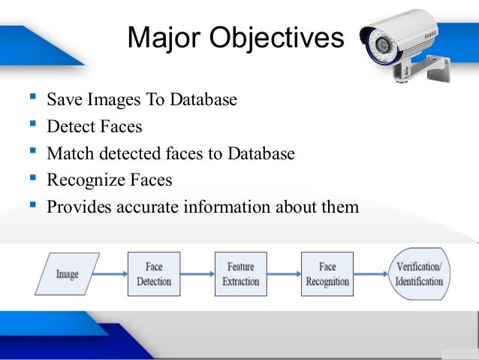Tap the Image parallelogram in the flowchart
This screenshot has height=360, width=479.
pos(67,274)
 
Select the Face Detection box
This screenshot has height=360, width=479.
pos(154,274)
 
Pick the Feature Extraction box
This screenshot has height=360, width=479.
pos(240,274)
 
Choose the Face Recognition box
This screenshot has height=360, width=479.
pos(327,274)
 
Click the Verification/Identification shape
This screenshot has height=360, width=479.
pos(419,274)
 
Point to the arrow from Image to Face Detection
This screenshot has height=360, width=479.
pos(113,274)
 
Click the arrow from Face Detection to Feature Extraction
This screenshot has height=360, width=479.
pos(197,274)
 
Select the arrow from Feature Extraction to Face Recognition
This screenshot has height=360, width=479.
pos(284,274)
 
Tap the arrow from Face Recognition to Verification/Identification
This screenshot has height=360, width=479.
pos(371,274)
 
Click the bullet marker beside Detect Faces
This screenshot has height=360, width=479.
pos(32,124)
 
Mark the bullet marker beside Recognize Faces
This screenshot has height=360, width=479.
pos(32,178)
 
